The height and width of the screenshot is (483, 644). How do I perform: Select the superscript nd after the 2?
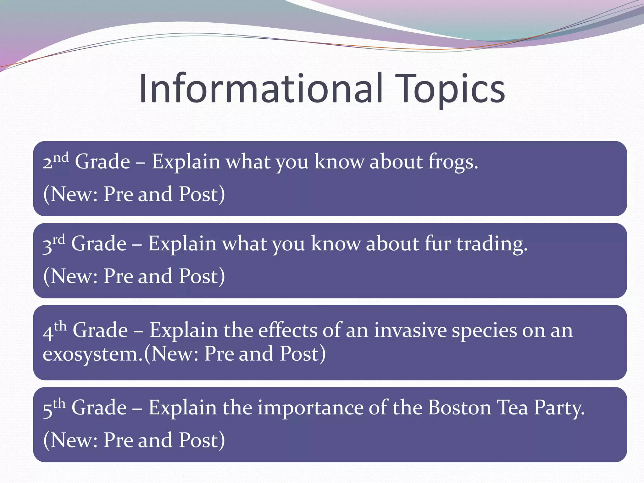[x=61, y=157]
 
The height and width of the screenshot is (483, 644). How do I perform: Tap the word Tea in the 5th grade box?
[x=512, y=408]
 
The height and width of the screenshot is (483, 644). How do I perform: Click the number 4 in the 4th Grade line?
[x=48, y=333]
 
